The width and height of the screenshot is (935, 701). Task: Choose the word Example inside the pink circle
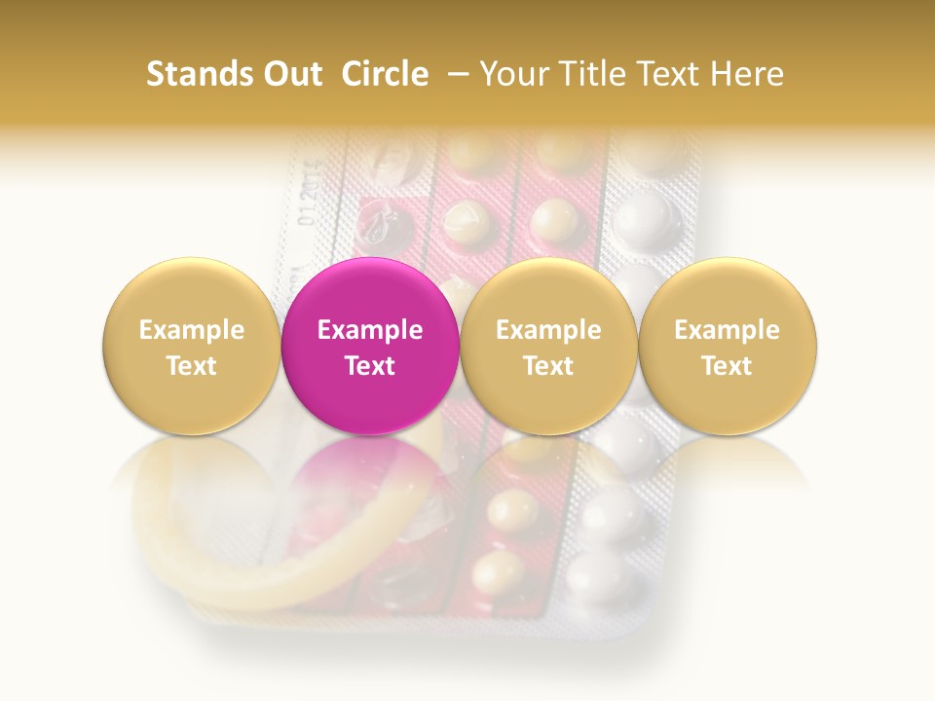point(370,330)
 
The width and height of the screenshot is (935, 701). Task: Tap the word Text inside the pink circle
point(370,366)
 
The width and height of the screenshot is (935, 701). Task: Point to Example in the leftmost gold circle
point(191,330)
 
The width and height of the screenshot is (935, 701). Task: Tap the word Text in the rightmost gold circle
point(727,366)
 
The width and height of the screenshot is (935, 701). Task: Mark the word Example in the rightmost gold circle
point(727,330)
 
